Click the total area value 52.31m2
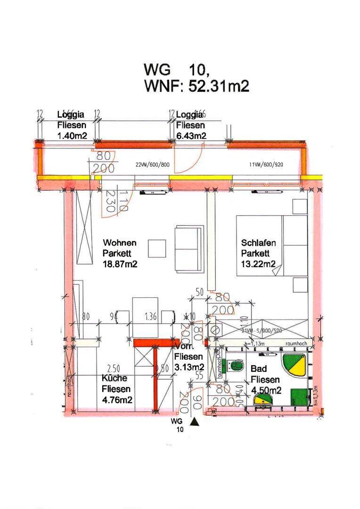pyautogui.click(x=218, y=86)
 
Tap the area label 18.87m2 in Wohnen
pyautogui.click(x=120, y=264)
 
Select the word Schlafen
pyautogui.click(x=258, y=243)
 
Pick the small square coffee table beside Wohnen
pyautogui.click(x=157, y=248)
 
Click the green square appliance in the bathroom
pyautogui.click(x=298, y=395)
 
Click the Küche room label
pyautogui.click(x=115, y=378)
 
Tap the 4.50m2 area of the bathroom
pyautogui.click(x=266, y=390)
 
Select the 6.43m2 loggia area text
pyautogui.click(x=191, y=136)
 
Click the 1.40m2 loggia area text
pyautogui.click(x=72, y=136)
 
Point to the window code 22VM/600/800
pyautogui.click(x=152, y=164)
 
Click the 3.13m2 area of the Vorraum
pyautogui.click(x=189, y=367)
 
